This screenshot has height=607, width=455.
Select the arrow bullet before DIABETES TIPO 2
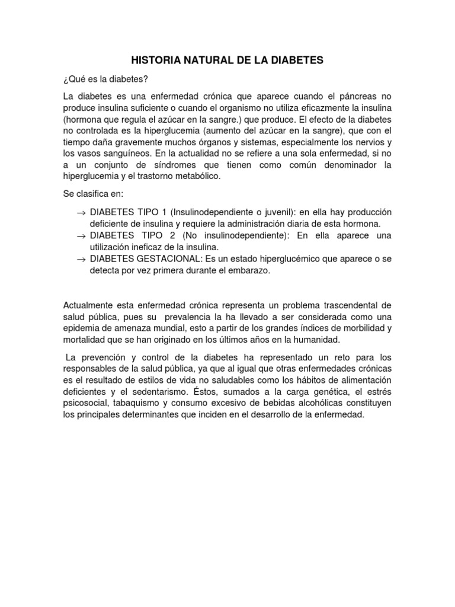81,237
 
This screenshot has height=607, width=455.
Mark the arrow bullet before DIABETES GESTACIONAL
81,260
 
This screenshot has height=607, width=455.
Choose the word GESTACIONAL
165,259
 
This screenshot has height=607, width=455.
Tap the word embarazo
249,270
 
